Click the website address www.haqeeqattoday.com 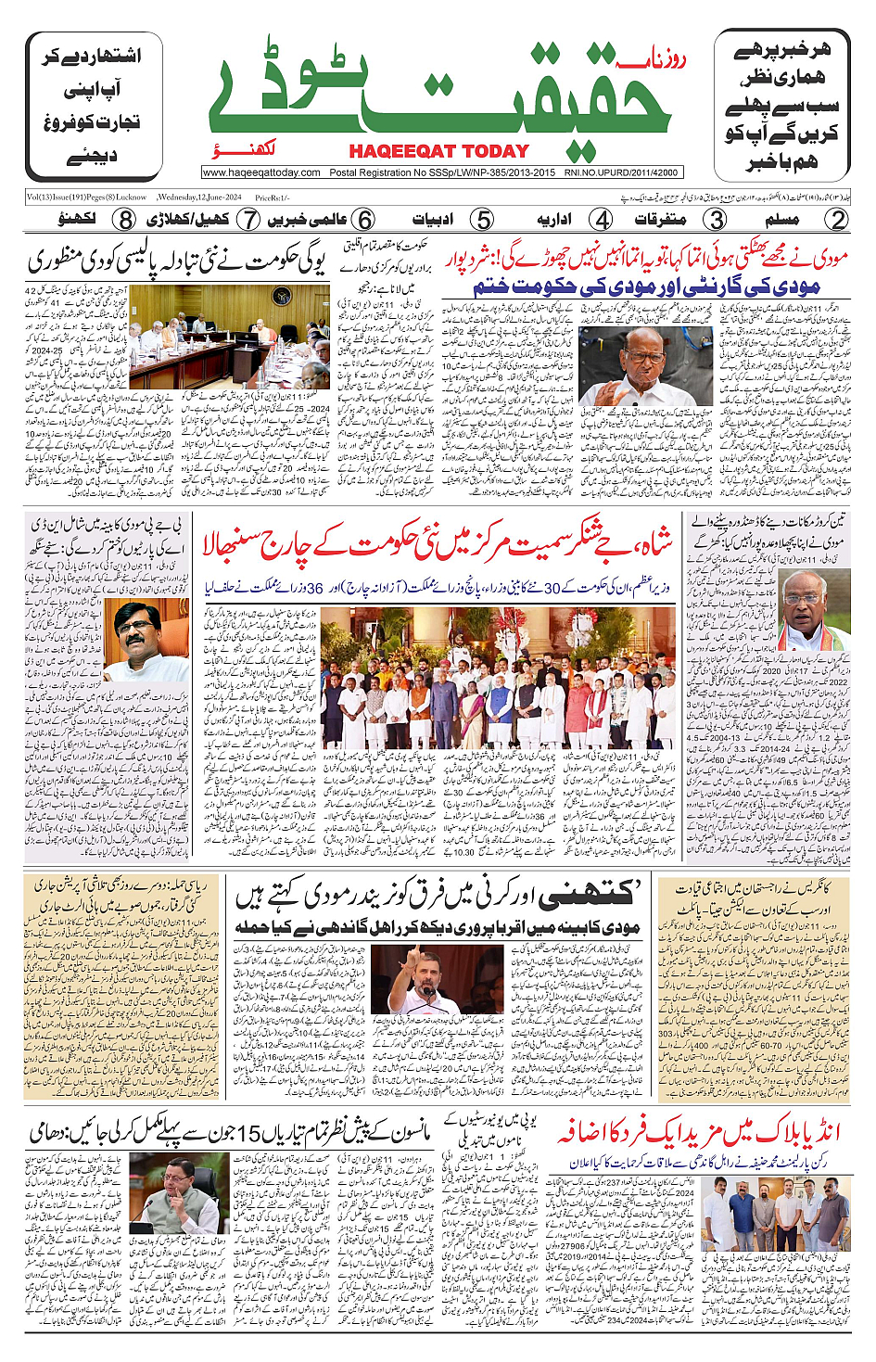pos(261,172)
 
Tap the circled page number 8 pos(125,220)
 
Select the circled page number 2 pos(837,220)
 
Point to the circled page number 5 pos(482,220)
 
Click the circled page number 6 pos(364,220)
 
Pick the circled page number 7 pos(248,220)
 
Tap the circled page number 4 pos(602,220)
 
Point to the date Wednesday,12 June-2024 pos(199,197)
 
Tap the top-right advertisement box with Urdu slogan pos(782,107)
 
